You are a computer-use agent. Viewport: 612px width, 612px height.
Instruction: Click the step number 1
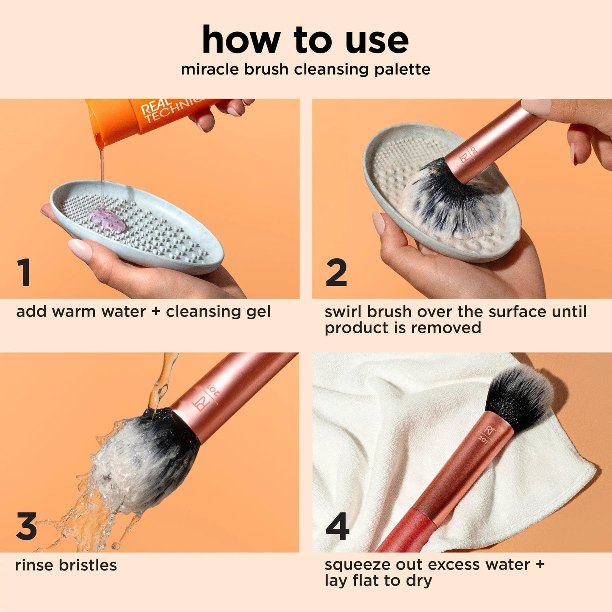(x=24, y=273)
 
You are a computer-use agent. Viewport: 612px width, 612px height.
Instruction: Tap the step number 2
(x=336, y=273)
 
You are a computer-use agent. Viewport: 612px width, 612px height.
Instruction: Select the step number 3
(x=26, y=526)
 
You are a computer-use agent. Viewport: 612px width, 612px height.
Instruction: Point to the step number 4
(x=338, y=526)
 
